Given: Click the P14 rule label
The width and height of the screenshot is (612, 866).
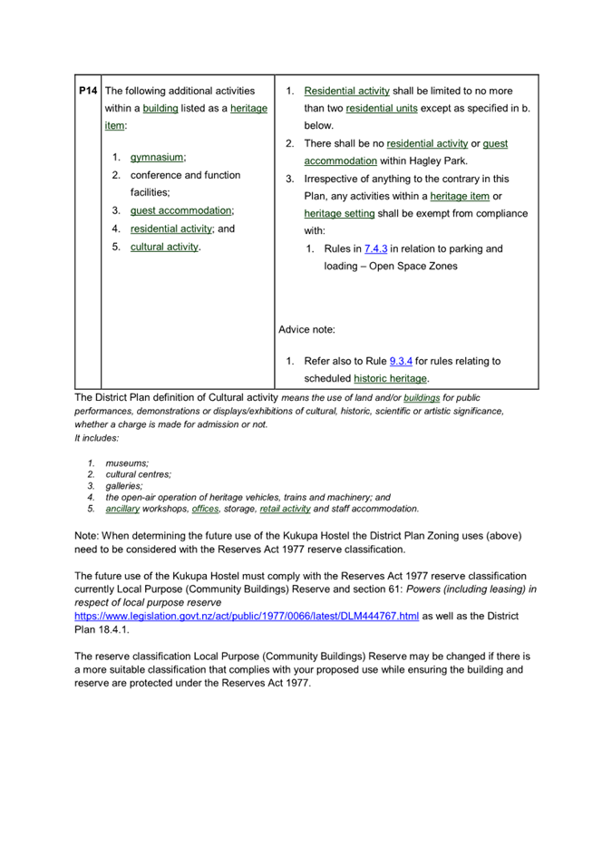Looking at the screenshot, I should click(x=88, y=92).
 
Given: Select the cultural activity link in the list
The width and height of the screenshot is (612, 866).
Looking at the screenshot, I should click(x=164, y=247).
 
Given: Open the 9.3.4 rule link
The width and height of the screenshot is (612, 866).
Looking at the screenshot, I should click(x=401, y=361).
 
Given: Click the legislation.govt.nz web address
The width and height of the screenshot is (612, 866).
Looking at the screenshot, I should click(x=246, y=616).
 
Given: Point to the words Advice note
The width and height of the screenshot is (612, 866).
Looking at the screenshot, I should click(x=306, y=329).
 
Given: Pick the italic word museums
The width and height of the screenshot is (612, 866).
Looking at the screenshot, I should click(x=127, y=463).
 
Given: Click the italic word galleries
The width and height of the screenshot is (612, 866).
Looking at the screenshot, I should click(x=124, y=486).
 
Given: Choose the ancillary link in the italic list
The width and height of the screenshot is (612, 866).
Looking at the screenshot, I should click(x=122, y=509).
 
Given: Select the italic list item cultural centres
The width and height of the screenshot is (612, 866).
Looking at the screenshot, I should click(x=138, y=474).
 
